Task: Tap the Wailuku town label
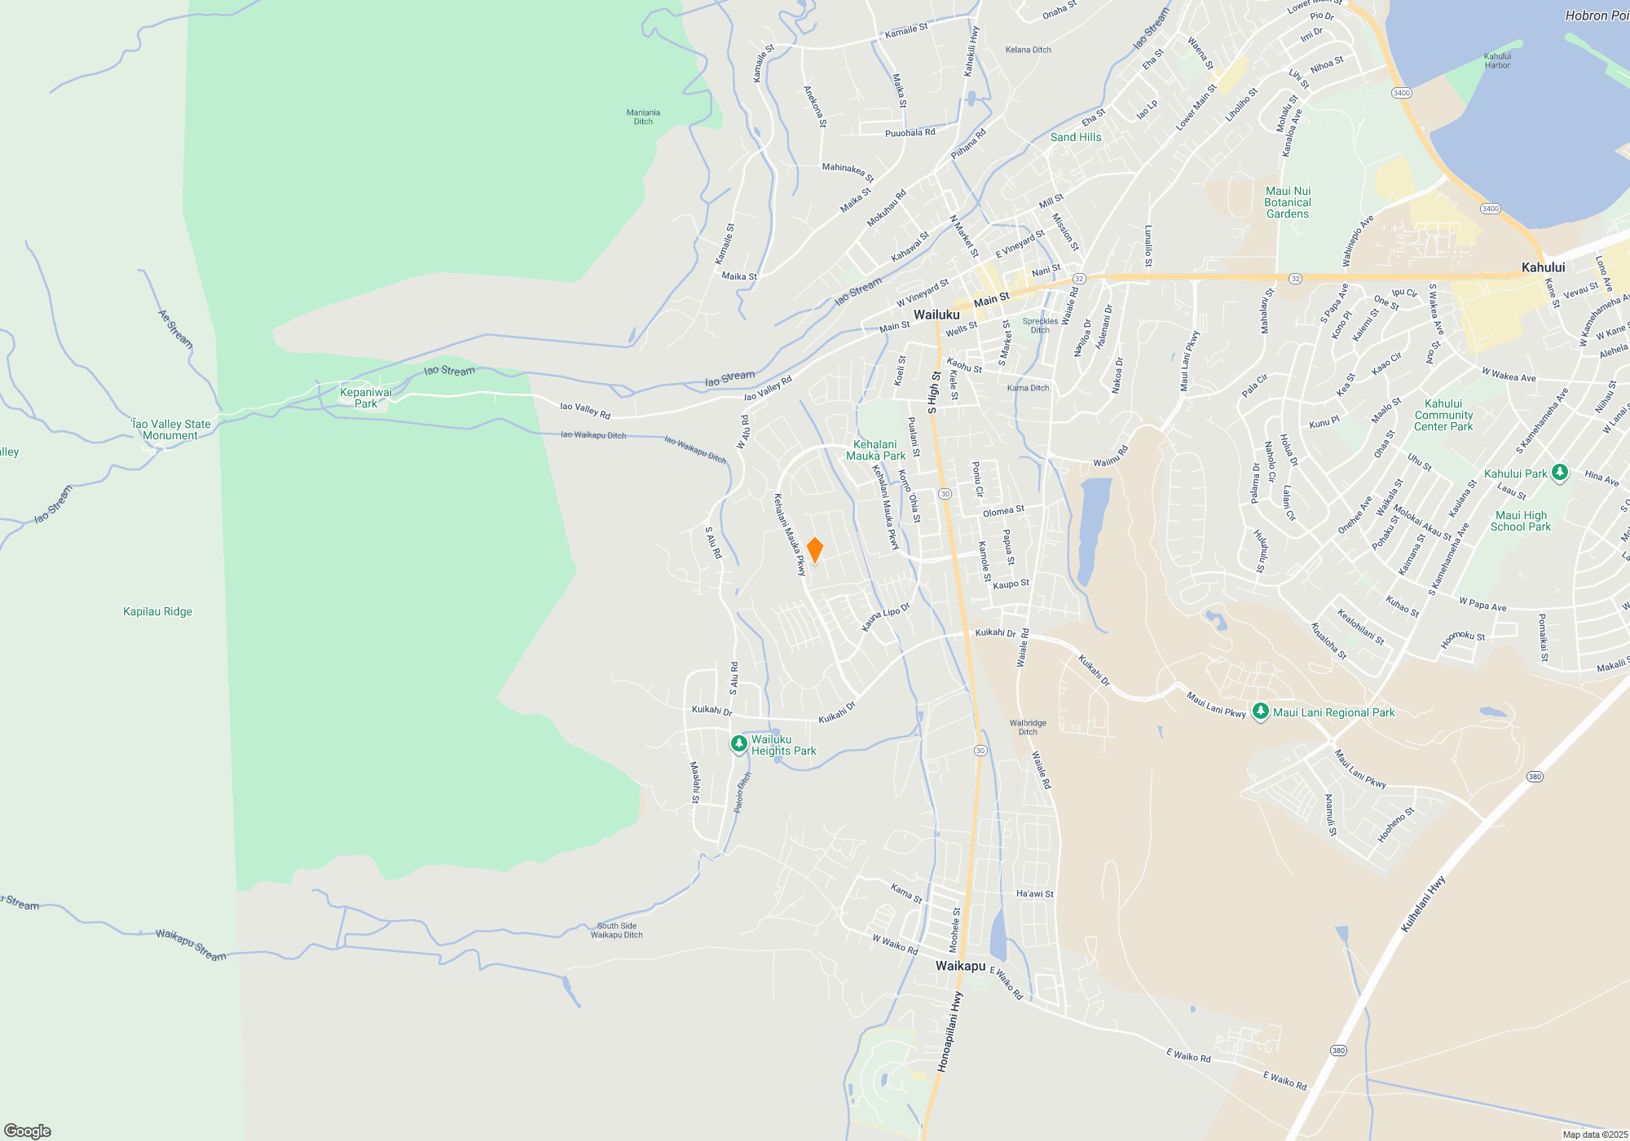click(x=936, y=315)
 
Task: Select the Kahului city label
click(x=1543, y=267)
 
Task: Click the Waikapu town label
click(x=960, y=966)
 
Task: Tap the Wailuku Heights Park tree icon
click(x=739, y=743)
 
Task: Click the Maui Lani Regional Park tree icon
click(x=1261, y=711)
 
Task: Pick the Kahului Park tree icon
click(x=1560, y=473)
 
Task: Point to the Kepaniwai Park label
click(x=366, y=398)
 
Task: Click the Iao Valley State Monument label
click(x=171, y=430)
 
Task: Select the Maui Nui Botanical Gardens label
click(x=1288, y=202)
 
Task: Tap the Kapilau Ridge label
click(x=157, y=611)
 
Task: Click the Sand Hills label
click(x=1076, y=137)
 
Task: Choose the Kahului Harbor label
click(x=1497, y=61)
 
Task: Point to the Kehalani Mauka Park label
click(x=875, y=450)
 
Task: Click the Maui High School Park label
click(x=1521, y=521)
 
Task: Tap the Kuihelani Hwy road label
click(x=1423, y=904)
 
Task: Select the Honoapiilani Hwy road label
click(x=949, y=1032)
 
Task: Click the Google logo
click(x=28, y=1130)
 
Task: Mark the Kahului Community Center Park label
click(x=1443, y=415)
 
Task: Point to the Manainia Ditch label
click(x=643, y=117)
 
